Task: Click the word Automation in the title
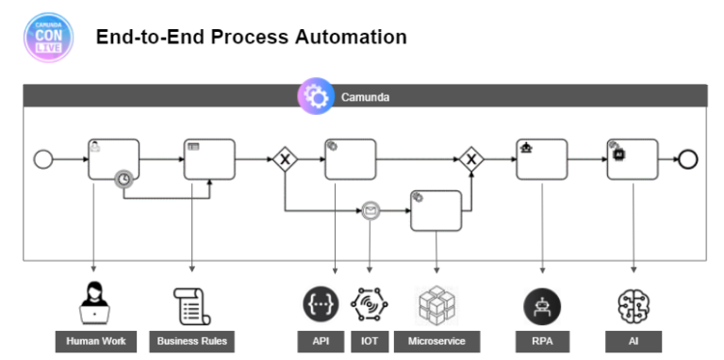[349, 38]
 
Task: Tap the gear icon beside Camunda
[316, 97]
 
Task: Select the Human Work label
[94, 340]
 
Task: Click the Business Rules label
[191, 340]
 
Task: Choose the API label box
[321, 340]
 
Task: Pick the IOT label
[369, 340]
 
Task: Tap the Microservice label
[436, 340]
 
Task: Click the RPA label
[542, 340]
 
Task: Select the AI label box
[633, 340]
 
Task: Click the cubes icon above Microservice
[436, 304]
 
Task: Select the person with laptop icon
[94, 304]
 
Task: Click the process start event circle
[43, 158]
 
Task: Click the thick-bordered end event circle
[688, 158]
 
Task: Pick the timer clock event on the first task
[123, 177]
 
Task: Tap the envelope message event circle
[370, 210]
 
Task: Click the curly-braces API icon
[321, 304]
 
